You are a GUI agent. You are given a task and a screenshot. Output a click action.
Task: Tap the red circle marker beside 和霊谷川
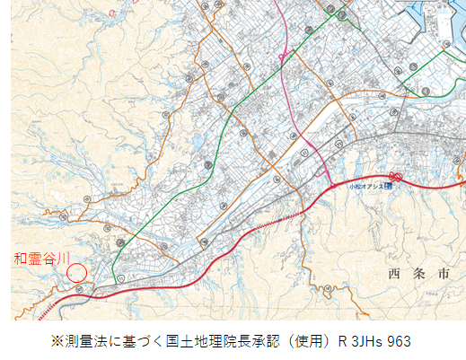pos(77,271)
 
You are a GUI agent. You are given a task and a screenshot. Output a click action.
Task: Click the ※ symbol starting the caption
pos(57,341)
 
